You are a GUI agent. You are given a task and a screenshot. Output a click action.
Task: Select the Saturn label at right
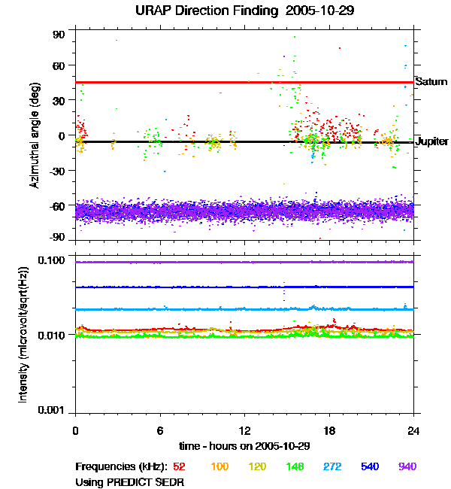click(x=431, y=81)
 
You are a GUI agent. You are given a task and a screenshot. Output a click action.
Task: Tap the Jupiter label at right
click(x=432, y=141)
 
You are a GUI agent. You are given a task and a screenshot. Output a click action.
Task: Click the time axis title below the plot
click(x=244, y=446)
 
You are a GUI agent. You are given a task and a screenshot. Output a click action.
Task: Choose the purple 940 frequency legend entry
click(x=407, y=466)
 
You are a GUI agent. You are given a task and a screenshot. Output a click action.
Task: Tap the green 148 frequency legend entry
click(x=295, y=466)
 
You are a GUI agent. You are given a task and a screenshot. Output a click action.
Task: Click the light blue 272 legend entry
click(x=332, y=466)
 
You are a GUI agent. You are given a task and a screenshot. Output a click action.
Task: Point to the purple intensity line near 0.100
click(x=244, y=262)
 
